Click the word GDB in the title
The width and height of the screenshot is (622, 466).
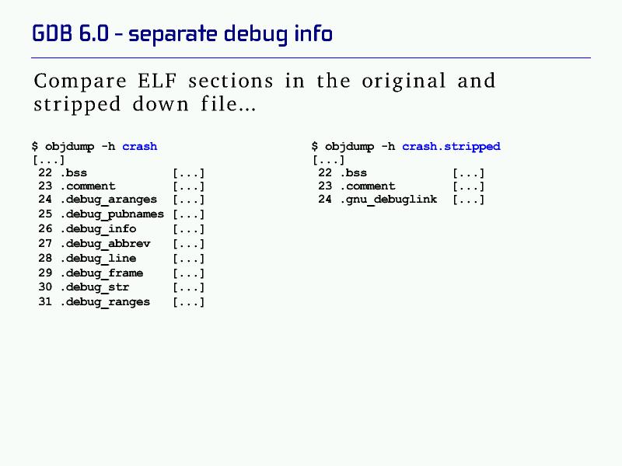51,33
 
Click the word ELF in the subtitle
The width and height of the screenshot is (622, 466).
157,81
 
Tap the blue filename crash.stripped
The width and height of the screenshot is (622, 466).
451,147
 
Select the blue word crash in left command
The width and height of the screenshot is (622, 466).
140,147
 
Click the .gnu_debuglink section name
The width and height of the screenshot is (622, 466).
389,200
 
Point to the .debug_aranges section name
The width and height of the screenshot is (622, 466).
109,200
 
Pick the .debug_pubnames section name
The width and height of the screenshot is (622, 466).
112,214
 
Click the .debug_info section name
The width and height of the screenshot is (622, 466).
99,228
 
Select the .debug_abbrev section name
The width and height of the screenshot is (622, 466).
106,243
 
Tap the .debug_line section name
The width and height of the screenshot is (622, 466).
99,258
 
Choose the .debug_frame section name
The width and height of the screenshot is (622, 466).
102,273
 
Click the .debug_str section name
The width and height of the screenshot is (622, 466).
95,287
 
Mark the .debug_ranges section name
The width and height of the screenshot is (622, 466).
106,301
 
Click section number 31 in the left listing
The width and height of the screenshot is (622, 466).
45,301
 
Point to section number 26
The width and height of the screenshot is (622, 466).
45,228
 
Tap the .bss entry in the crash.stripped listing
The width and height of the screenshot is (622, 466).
354,172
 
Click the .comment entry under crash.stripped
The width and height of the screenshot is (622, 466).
368,186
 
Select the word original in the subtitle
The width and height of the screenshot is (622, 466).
404,82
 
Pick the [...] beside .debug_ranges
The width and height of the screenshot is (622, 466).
188,302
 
